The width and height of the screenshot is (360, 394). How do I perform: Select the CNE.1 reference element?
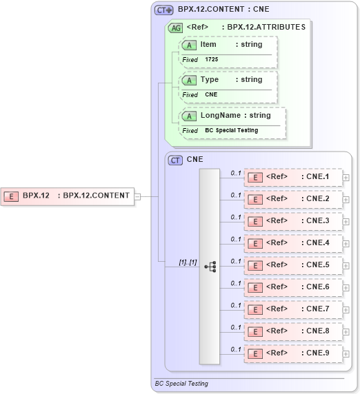pyautogui.click(x=294, y=177)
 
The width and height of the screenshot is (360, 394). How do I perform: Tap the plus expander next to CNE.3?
pyautogui.click(x=346, y=221)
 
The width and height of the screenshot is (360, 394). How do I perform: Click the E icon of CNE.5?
pyautogui.click(x=255, y=265)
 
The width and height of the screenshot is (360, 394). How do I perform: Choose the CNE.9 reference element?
pyautogui.click(x=294, y=353)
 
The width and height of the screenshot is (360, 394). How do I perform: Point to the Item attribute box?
pyautogui.click(x=228, y=45)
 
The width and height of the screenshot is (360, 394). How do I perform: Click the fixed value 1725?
pyautogui.click(x=213, y=60)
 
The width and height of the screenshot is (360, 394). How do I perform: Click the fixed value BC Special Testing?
pyautogui.click(x=231, y=130)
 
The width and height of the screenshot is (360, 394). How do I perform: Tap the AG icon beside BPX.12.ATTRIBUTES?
pyautogui.click(x=175, y=28)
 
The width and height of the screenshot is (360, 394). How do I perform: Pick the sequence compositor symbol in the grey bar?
pyautogui.click(x=210, y=266)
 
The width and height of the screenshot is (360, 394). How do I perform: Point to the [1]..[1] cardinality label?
pyautogui.click(x=188, y=262)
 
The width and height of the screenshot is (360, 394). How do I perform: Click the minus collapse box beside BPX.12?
pyautogui.click(x=137, y=196)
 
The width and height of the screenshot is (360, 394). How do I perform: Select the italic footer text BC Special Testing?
pyautogui.click(x=181, y=384)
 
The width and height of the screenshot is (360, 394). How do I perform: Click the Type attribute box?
pyautogui.click(x=228, y=80)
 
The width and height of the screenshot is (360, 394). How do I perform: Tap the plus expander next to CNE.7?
pyautogui.click(x=346, y=309)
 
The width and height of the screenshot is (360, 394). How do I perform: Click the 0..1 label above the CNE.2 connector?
pyautogui.click(x=236, y=195)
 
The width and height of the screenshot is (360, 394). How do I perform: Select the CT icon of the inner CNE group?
pyautogui.click(x=176, y=160)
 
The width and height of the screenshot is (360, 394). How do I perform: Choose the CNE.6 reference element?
pyautogui.click(x=294, y=287)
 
